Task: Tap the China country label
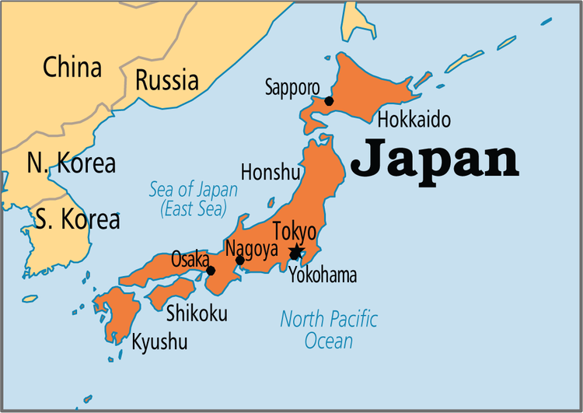(x=72, y=67)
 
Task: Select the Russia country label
(x=166, y=79)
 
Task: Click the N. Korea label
(x=71, y=163)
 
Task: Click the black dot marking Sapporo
(x=329, y=101)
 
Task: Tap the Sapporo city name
(x=291, y=86)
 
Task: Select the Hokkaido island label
(x=414, y=120)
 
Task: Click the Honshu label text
(x=270, y=171)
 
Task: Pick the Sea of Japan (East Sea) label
(x=193, y=198)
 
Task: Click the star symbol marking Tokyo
(x=295, y=252)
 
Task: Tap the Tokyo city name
(x=295, y=232)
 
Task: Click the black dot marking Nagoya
(x=240, y=261)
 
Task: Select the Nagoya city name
(x=251, y=248)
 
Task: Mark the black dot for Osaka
(x=211, y=271)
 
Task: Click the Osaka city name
(x=190, y=258)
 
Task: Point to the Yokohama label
(x=323, y=275)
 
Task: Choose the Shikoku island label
(x=197, y=313)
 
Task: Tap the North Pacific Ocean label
(x=329, y=330)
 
